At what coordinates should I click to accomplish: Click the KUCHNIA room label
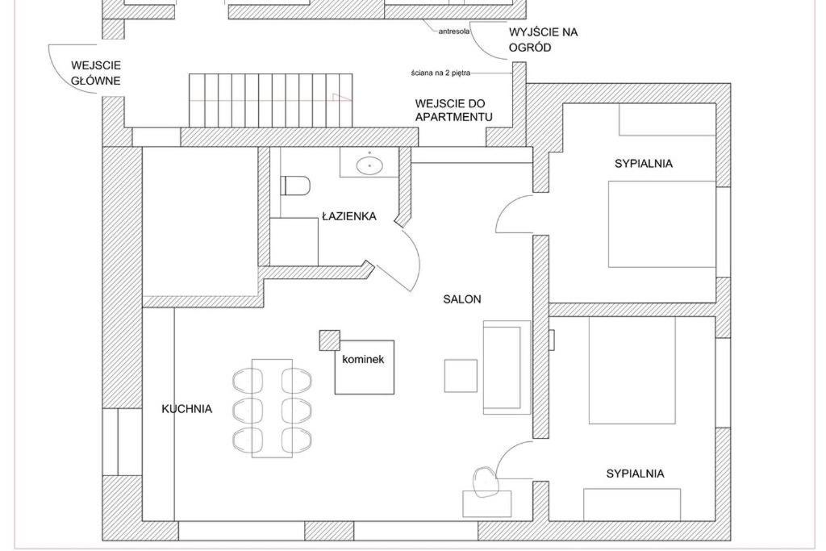[186, 409]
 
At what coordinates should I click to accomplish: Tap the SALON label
[462, 299]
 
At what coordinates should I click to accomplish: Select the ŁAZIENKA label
[349, 216]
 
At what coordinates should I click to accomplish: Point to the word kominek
[363, 360]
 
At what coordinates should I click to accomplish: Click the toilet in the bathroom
[295, 186]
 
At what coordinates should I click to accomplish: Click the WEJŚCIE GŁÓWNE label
[96, 73]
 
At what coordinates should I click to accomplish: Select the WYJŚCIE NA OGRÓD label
[543, 40]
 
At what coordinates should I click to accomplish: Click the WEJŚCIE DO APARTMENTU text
[453, 110]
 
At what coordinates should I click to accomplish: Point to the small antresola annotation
[454, 31]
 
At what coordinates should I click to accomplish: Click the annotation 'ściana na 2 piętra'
[440, 73]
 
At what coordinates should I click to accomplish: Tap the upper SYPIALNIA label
[643, 163]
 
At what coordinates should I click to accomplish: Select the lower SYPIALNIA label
[635, 474]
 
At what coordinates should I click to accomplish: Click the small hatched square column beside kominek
[329, 340]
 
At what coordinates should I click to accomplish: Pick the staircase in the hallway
[270, 100]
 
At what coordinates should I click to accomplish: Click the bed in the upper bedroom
[662, 224]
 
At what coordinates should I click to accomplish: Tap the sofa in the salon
[507, 367]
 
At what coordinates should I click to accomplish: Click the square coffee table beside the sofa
[461, 376]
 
